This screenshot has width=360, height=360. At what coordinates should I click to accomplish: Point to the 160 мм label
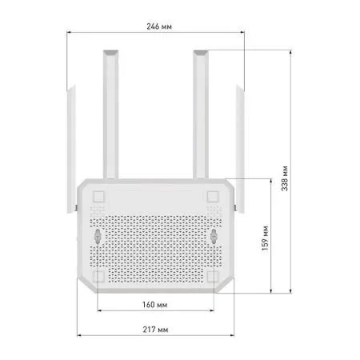click(x=156, y=305)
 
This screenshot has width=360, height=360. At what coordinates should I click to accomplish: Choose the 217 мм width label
click(x=156, y=330)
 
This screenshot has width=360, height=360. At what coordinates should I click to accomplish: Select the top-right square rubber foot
click(x=214, y=196)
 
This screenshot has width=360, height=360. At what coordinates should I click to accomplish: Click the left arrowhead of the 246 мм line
click(x=69, y=33)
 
